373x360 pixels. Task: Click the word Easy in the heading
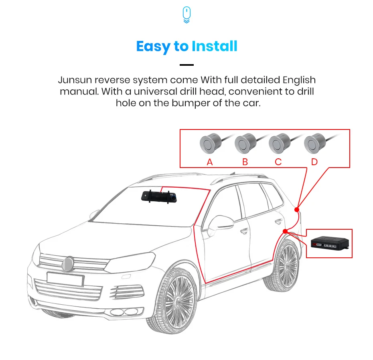click(153, 47)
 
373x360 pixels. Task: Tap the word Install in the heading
click(214, 47)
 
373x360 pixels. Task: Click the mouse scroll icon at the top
click(186, 15)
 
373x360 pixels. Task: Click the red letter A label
click(209, 162)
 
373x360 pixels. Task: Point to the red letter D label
click(314, 162)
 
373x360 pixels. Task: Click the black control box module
click(330, 243)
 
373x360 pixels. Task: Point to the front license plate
click(65, 279)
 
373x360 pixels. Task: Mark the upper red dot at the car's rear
click(297, 209)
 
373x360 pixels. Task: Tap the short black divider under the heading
click(186, 65)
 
